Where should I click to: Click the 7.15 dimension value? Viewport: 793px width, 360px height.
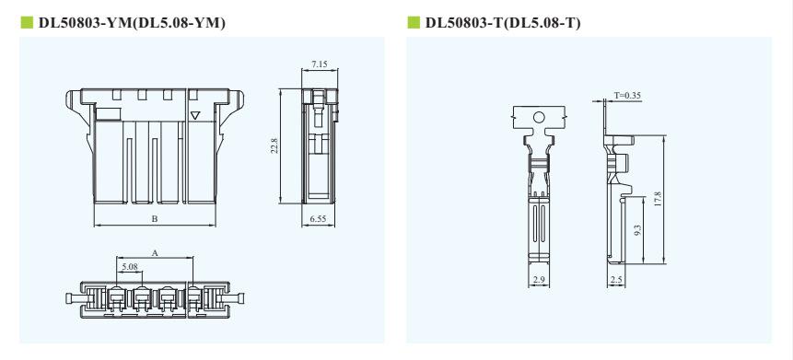320,64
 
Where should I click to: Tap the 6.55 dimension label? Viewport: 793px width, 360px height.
318,218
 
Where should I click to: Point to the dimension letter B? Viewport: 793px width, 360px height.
156,219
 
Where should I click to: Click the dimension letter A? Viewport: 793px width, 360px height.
156,253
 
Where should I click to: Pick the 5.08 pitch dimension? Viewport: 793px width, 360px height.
130,266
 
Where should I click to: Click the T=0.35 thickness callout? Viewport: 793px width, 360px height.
627,95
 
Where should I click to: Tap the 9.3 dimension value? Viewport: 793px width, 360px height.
637,230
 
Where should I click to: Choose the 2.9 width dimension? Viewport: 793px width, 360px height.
539,279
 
